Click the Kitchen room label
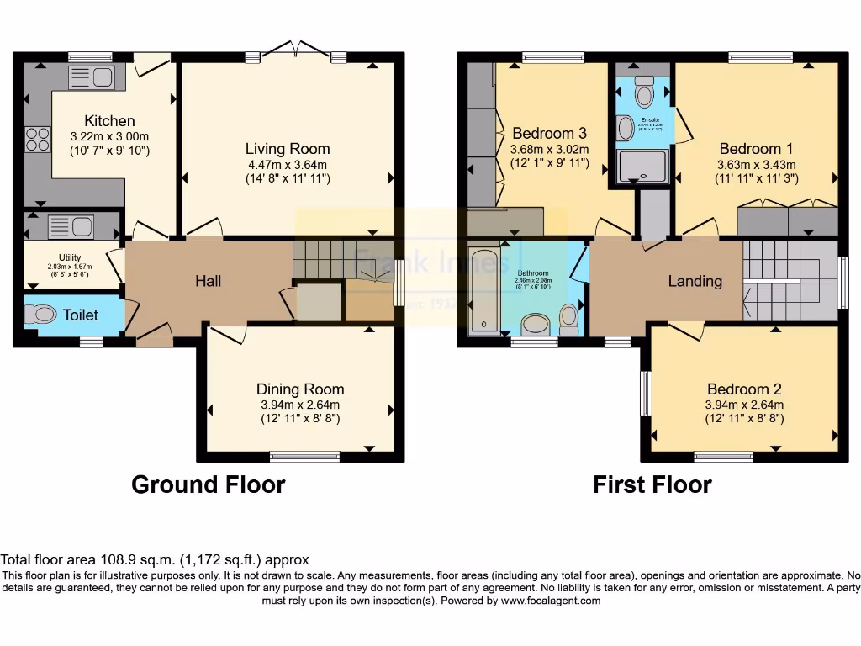[x=109, y=121]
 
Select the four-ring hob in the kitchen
[x=38, y=139]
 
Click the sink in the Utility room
[x=71, y=225]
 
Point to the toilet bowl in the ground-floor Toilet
[x=40, y=315]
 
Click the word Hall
[x=208, y=281]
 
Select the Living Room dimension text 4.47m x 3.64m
[x=287, y=165]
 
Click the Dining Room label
[x=300, y=389]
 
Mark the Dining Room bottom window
[x=304, y=457]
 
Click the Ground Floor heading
[x=208, y=485]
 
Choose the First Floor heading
[x=652, y=485]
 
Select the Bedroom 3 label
[x=549, y=134]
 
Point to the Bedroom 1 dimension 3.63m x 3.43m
[x=757, y=165]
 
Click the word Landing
[x=695, y=281]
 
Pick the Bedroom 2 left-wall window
[x=646, y=393]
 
